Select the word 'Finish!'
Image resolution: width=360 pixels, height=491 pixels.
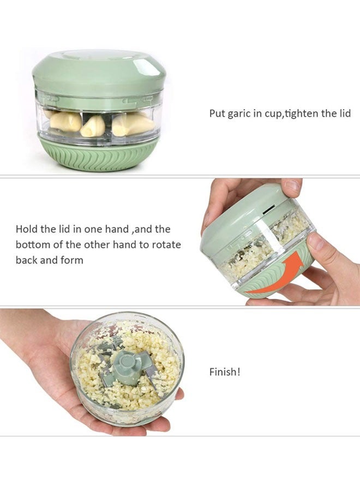coord(225,372)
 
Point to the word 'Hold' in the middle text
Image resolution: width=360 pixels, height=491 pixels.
coord(27,229)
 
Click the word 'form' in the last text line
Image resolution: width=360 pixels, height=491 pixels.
coord(72,260)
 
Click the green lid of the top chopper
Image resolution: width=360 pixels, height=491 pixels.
coord(99,71)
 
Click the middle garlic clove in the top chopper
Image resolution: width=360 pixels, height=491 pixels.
coord(93,126)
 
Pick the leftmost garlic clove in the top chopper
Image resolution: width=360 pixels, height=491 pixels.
coord(65,121)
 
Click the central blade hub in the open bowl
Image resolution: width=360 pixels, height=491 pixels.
coord(126,363)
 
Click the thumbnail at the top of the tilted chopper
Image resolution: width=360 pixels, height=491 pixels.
coord(292,185)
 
